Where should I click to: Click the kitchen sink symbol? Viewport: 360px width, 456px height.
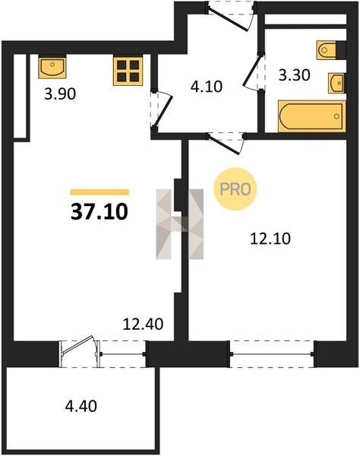pyautogui.click(x=52, y=68)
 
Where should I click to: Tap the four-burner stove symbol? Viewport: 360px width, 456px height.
pyautogui.click(x=128, y=71)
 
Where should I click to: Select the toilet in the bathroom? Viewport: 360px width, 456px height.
pyautogui.click(x=327, y=50)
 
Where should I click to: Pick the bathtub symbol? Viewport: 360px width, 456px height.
pyautogui.click(x=311, y=116)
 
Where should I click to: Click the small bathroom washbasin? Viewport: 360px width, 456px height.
pyautogui.click(x=336, y=83)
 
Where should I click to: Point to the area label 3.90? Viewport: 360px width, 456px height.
pyautogui.click(x=60, y=94)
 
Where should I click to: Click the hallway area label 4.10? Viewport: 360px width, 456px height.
pyautogui.click(x=207, y=87)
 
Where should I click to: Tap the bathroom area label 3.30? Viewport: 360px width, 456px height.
pyautogui.click(x=295, y=75)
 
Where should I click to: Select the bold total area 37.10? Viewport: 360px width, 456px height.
pyautogui.click(x=99, y=212)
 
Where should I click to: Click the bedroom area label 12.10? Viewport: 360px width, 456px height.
pyautogui.click(x=270, y=239)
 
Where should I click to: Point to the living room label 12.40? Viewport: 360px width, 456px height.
pyautogui.click(x=143, y=324)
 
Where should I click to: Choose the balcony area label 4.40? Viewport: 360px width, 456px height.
pyautogui.click(x=81, y=406)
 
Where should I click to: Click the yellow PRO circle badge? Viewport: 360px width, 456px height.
pyautogui.click(x=235, y=189)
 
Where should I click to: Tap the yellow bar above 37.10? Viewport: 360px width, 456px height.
pyautogui.click(x=99, y=192)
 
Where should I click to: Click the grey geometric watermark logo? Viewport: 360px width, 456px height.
pyautogui.click(x=179, y=224)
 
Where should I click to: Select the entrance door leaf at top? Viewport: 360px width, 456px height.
pyautogui.click(x=228, y=18)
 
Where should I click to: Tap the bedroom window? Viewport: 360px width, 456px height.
pyautogui.click(x=272, y=354)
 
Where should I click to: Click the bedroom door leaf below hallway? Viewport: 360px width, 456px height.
pyautogui.click(x=225, y=144)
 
